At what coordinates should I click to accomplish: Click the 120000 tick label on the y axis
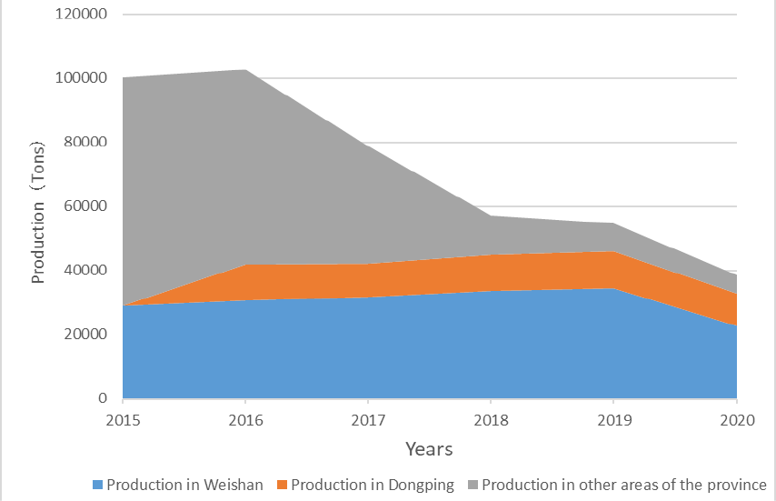81,14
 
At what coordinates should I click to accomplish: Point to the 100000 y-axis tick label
81,77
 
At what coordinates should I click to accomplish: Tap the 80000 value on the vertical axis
85,142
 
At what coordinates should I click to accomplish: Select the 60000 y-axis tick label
85,205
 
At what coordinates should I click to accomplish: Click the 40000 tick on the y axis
85,270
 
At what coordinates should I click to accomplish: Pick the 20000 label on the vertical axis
85,335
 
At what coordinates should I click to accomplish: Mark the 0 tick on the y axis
103,398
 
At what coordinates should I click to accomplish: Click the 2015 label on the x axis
123,420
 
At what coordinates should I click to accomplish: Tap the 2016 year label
245,420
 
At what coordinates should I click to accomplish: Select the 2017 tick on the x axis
368,420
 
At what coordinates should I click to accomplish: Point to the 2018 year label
491,420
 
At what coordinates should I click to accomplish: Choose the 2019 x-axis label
614,420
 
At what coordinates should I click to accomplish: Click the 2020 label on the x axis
737,420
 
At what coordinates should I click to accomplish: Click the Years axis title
429,449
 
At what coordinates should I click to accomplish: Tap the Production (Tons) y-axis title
37,213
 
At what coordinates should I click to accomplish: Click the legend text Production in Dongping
373,485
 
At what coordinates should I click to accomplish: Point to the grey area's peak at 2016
245,70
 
